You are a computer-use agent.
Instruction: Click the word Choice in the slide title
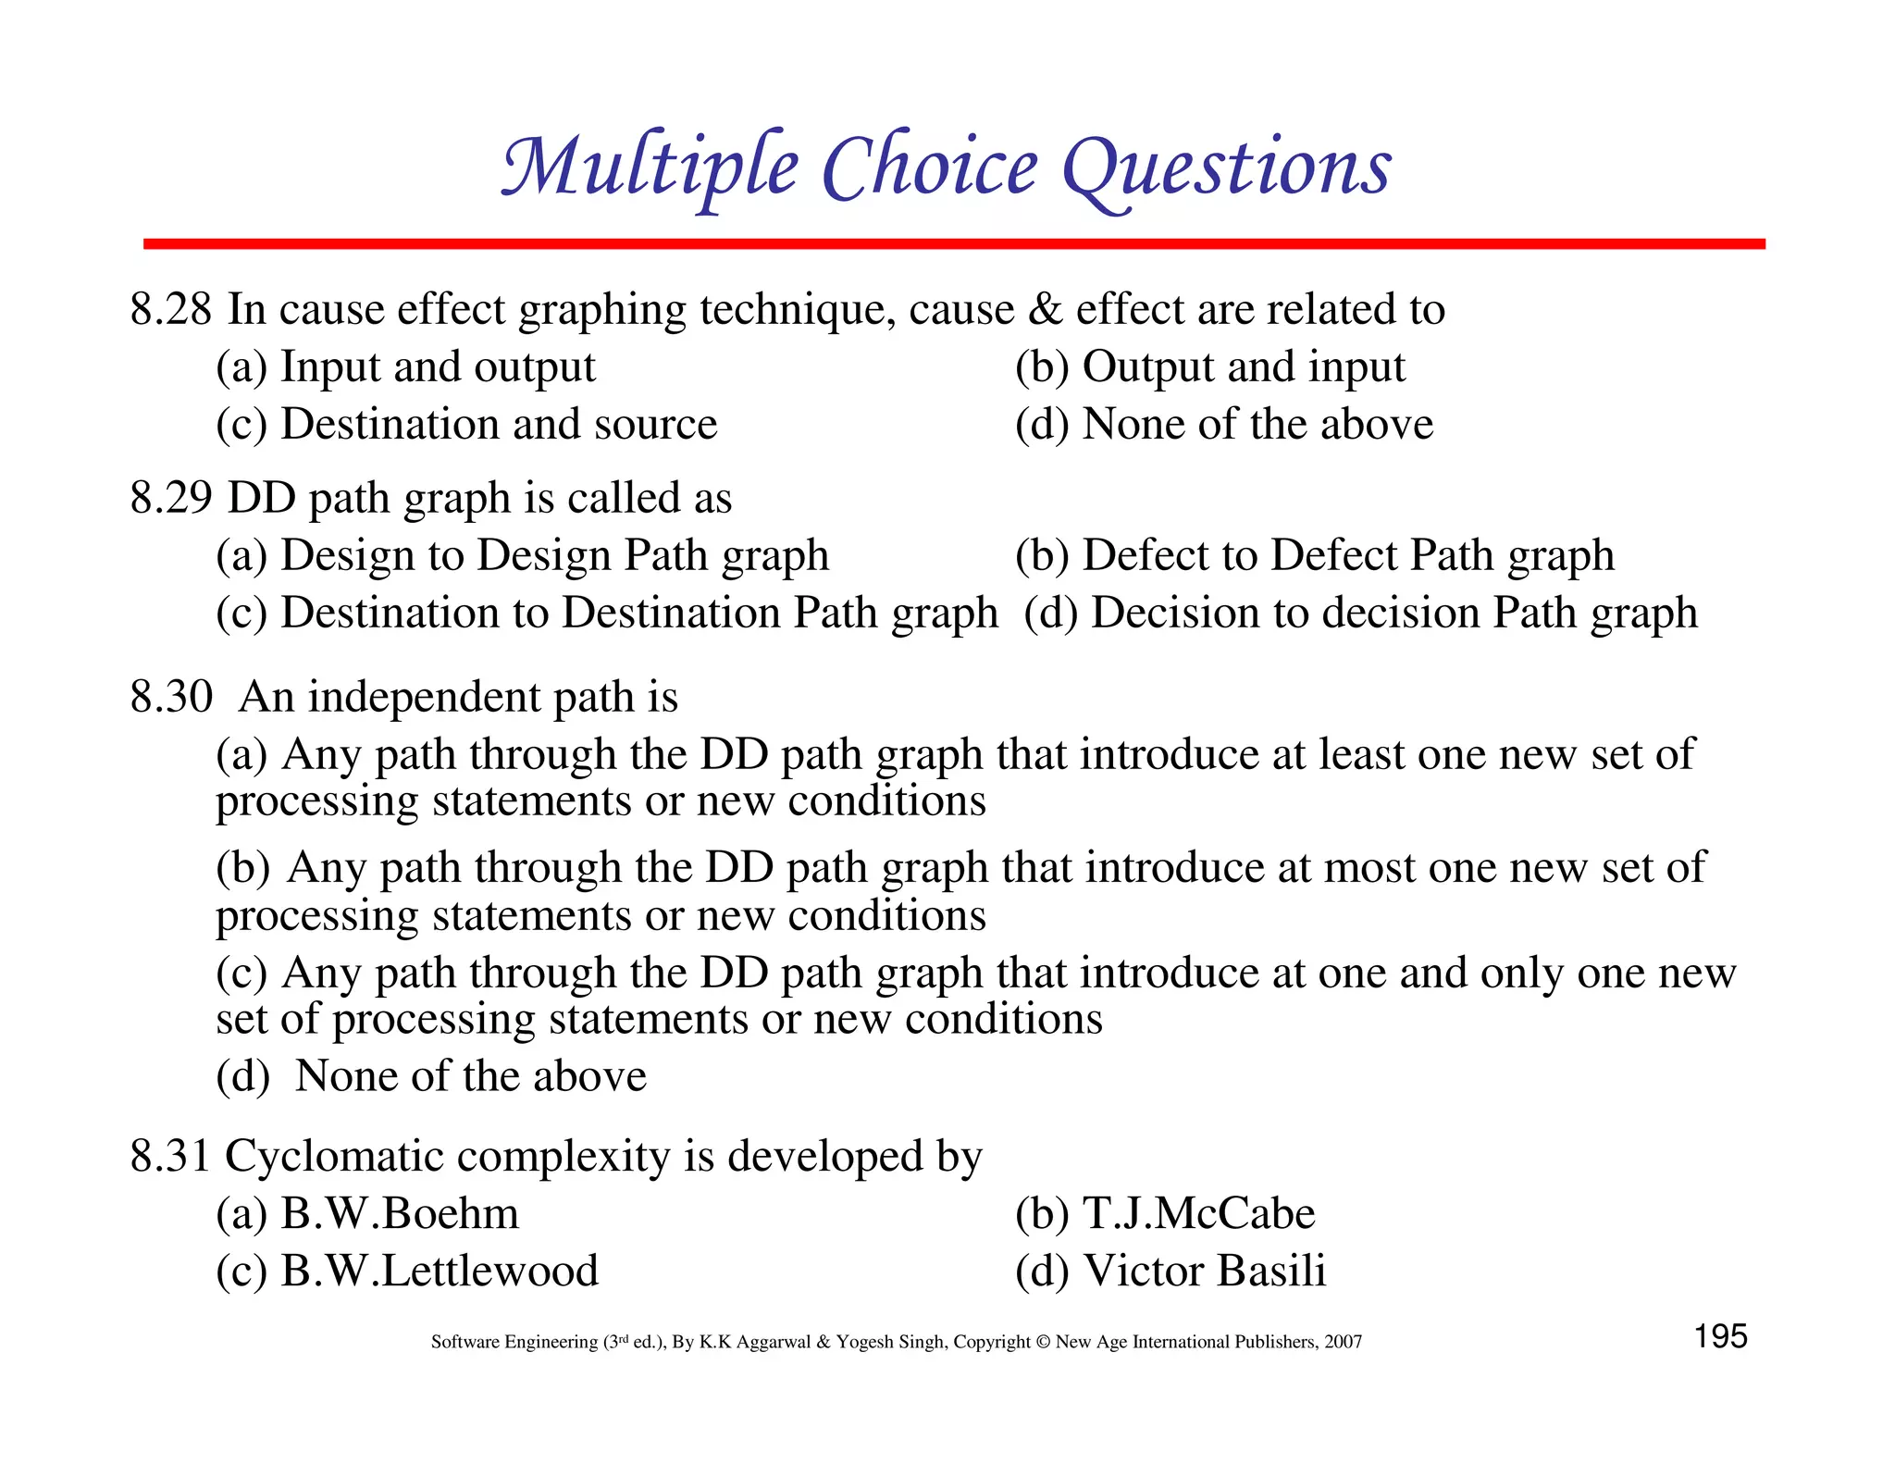click(929, 167)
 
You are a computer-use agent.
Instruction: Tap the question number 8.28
click(171, 309)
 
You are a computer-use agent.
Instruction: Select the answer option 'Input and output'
click(438, 366)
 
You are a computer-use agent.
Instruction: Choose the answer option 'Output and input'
click(1243, 366)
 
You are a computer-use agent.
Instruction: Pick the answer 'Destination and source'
click(499, 424)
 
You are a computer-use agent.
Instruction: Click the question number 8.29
click(171, 498)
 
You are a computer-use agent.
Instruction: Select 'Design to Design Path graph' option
click(554, 555)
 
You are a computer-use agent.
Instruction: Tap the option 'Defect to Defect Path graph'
click(1347, 555)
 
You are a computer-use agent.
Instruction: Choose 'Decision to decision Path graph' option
click(1393, 613)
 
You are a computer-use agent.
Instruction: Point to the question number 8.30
click(171, 697)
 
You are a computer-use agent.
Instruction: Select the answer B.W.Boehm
click(400, 1214)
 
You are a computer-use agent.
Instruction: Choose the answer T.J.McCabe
click(1198, 1214)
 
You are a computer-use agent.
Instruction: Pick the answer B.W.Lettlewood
click(440, 1271)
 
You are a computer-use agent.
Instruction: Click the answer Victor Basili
click(1204, 1271)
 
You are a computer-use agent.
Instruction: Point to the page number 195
click(1720, 1337)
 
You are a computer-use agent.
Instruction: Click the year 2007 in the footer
click(1342, 1342)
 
